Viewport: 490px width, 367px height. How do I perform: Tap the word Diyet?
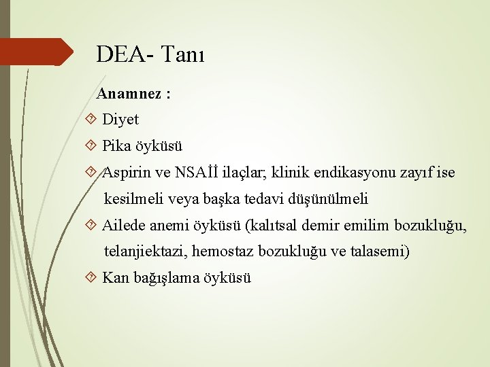[x=120, y=120]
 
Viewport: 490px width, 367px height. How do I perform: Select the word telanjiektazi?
[x=145, y=251]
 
